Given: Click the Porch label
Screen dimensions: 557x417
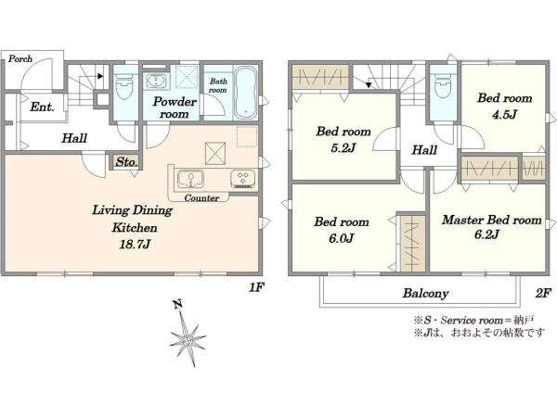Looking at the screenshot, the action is [20, 58].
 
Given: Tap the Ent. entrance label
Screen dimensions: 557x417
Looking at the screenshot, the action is [42, 107].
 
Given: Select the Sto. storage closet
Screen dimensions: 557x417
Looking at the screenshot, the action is [126, 162].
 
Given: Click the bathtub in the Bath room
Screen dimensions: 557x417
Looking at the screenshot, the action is [246, 93].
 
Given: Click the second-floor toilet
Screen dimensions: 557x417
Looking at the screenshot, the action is [443, 86].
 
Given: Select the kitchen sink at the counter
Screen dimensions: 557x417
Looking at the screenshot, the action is [190, 179].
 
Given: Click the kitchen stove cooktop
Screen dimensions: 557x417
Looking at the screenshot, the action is [242, 179].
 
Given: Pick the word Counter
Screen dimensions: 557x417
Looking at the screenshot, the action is [201, 198].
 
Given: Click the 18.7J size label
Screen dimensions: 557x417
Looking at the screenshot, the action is [135, 244].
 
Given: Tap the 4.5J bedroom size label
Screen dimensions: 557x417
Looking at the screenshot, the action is [504, 114].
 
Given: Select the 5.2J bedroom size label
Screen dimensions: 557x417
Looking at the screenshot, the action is [343, 147].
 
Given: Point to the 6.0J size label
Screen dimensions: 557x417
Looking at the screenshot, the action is [342, 238].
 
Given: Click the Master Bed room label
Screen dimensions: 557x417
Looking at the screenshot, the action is [492, 220].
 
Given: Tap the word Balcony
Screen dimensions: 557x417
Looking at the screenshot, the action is [425, 293].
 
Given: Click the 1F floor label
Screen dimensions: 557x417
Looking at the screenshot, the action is [256, 287].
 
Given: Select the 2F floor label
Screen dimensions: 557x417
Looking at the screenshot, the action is [543, 293].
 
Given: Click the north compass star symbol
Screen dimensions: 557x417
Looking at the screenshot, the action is [188, 338].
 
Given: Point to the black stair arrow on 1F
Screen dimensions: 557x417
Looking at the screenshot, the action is [100, 76].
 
